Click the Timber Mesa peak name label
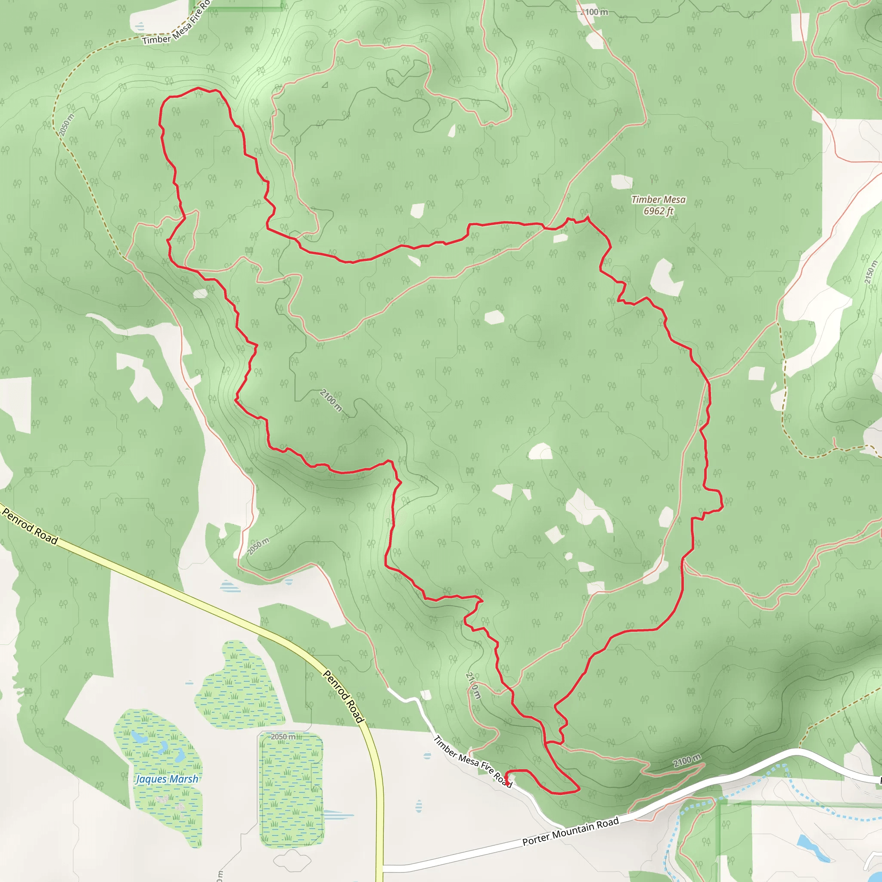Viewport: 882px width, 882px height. pos(658,199)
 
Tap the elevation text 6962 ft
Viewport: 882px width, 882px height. pos(658,211)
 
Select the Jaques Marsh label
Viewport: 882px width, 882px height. pos(168,779)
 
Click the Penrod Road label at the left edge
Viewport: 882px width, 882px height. pos(30,526)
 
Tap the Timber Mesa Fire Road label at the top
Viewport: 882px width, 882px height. pos(176,25)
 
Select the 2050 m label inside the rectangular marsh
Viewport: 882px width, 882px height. pos(283,736)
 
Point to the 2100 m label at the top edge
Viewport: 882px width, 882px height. pos(594,12)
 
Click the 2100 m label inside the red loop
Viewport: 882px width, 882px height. pos(330,401)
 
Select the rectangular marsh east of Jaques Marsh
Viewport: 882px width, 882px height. pos(291,790)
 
